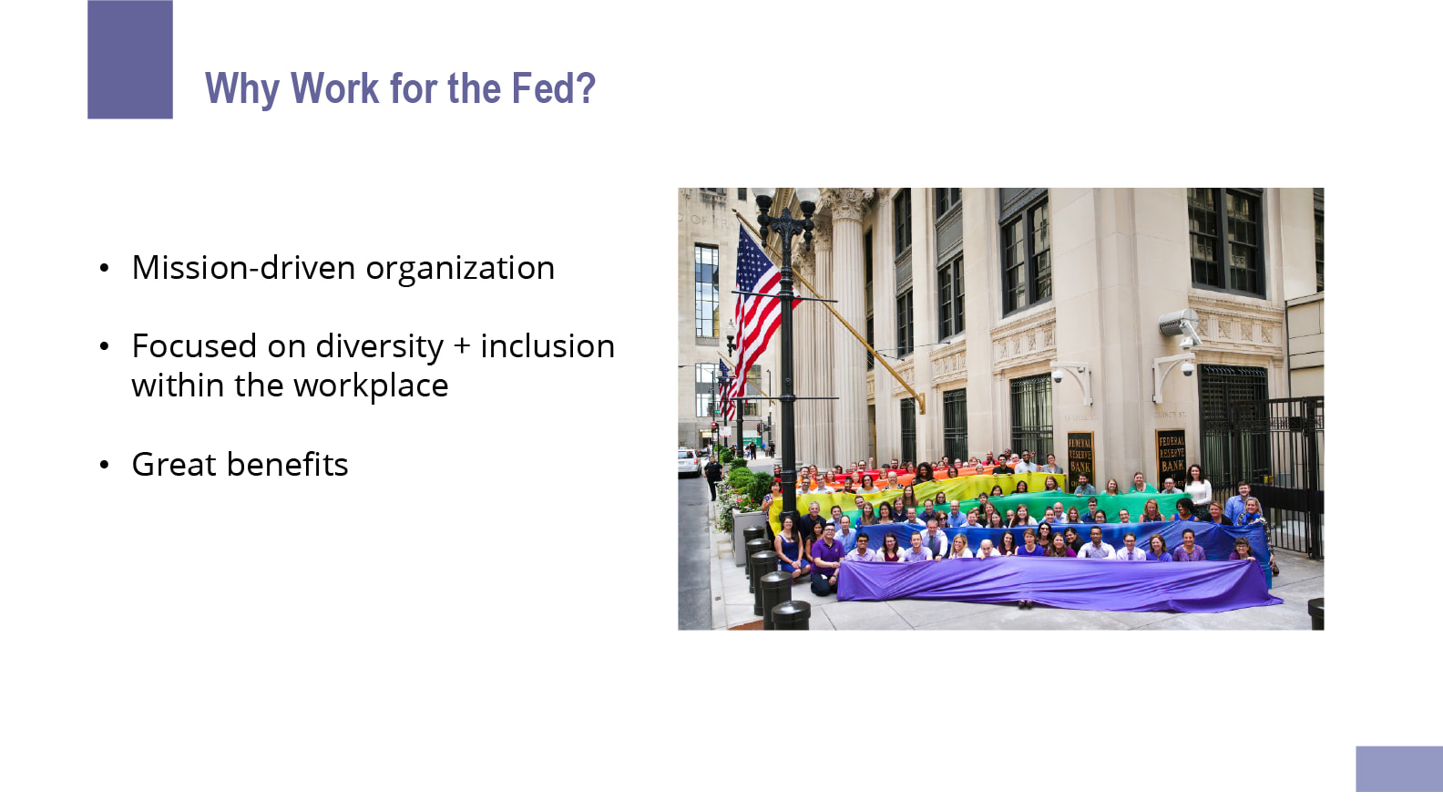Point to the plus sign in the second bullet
[462, 346]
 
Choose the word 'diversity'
[380, 347]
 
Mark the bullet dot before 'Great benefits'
[105, 465]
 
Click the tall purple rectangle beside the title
[130, 59]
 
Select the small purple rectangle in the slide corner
[1399, 769]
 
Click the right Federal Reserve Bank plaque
[1172, 458]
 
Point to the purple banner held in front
[1057, 583]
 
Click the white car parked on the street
[689, 462]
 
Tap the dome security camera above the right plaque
[1187, 369]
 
